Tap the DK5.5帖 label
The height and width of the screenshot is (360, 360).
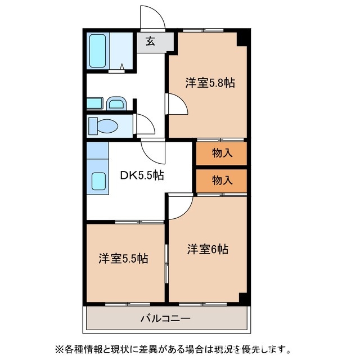[x=142, y=175]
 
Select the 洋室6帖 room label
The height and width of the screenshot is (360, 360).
[x=208, y=250]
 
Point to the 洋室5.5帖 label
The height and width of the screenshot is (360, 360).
[x=124, y=259]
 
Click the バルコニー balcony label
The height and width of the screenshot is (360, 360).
[x=165, y=318]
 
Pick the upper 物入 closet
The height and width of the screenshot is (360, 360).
[x=222, y=152]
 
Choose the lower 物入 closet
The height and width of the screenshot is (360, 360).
[x=222, y=180]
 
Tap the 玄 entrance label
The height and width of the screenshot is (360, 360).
[x=150, y=41]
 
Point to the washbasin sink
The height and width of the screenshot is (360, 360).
[x=116, y=103]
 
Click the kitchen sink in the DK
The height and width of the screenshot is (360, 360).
[x=98, y=182]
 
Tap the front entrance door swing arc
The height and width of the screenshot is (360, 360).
[x=152, y=18]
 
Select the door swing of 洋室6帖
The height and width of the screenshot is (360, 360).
[x=179, y=206]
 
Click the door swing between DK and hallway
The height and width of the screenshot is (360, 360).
[x=152, y=151]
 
